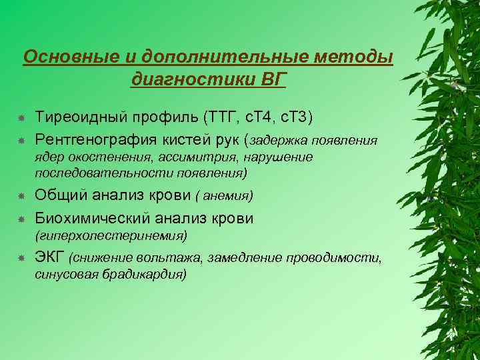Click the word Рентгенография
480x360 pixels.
point(95,140)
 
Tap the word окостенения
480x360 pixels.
point(97,157)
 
